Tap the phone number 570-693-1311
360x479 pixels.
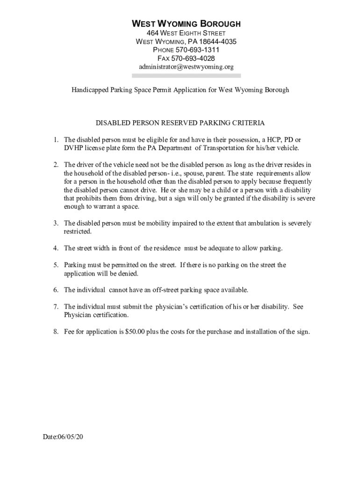(196, 50)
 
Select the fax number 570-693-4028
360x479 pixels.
(193, 58)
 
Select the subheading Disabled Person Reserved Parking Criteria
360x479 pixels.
(180, 123)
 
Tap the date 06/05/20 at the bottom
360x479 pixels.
(71, 437)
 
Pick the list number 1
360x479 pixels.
(55, 140)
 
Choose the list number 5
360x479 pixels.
(55, 265)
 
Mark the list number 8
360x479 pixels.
(55, 332)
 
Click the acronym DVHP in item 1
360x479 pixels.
(73, 148)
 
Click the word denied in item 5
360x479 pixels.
(128, 274)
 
